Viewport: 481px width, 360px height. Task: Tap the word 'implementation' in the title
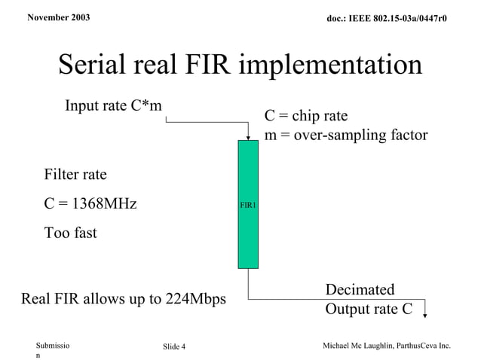tap(331, 66)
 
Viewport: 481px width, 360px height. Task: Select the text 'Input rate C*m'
tap(113, 105)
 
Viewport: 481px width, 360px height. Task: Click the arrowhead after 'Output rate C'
tap(427, 315)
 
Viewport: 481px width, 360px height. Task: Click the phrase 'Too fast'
tap(70, 233)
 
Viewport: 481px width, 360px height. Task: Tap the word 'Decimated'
tap(360, 290)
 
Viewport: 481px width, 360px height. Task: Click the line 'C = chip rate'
tap(305, 116)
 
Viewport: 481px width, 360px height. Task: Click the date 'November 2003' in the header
tap(57, 16)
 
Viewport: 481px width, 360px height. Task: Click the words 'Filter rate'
tap(75, 175)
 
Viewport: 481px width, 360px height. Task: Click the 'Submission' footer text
tap(53, 349)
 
